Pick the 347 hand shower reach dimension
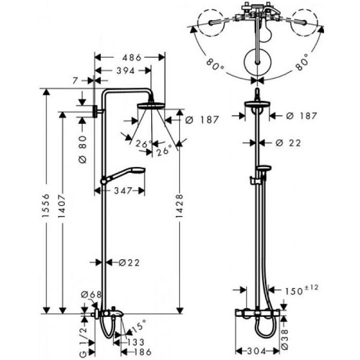point(121,190)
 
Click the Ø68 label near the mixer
point(90,294)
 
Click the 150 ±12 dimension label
point(301,290)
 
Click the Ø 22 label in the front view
point(288,142)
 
